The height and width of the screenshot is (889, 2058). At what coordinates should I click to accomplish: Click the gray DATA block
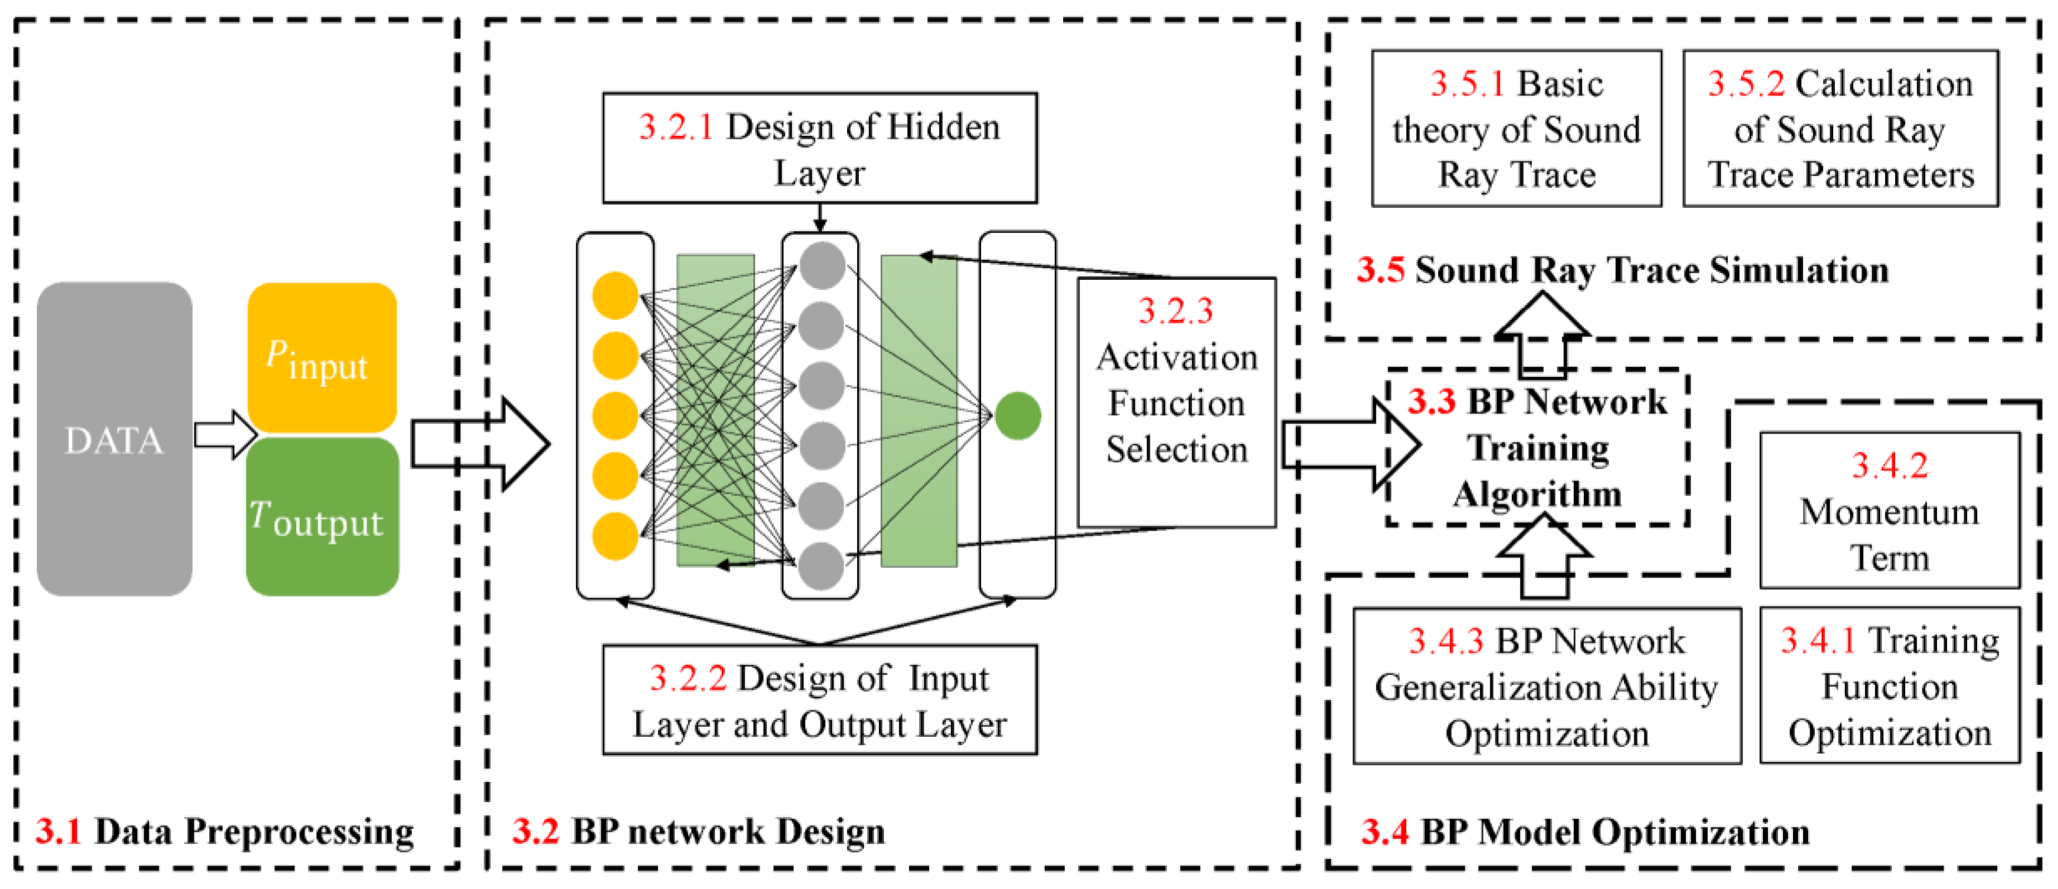pyautogui.click(x=114, y=439)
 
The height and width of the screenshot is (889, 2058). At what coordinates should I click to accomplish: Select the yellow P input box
pyautogui.click(x=321, y=358)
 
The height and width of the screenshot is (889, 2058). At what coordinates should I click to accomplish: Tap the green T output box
pyautogui.click(x=321, y=517)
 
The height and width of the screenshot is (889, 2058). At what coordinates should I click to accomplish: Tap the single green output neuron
pyautogui.click(x=1017, y=415)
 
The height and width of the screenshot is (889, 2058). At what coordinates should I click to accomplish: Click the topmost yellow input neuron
pyautogui.click(x=615, y=295)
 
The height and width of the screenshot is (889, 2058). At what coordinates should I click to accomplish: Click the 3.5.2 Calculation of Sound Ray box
pyautogui.click(x=1839, y=129)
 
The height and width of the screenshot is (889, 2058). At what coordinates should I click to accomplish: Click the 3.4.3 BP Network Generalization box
pyautogui.click(x=1546, y=686)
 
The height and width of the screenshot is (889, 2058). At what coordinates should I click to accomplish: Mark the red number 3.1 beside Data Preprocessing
pyautogui.click(x=59, y=832)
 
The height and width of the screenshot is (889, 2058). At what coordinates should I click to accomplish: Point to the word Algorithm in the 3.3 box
pyautogui.click(x=1537, y=494)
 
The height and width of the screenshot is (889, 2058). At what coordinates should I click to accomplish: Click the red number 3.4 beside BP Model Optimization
pyautogui.click(x=1384, y=832)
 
